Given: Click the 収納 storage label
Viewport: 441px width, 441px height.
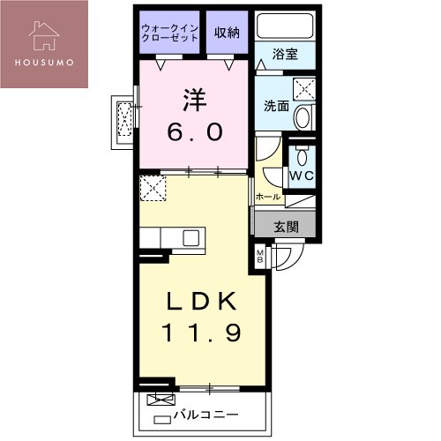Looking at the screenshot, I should [x=228, y=32].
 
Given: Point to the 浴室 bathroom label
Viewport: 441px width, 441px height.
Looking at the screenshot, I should [x=285, y=54].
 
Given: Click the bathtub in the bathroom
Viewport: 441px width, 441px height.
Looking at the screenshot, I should [x=285, y=27].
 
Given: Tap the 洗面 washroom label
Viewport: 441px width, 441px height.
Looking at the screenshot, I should [x=275, y=107].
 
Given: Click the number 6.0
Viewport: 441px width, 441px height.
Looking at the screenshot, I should [x=195, y=132].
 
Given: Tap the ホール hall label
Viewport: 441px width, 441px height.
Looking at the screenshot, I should [x=267, y=197].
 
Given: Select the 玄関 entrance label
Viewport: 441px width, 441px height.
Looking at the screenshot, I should [x=286, y=227].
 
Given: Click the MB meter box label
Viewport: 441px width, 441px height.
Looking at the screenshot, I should [x=259, y=258].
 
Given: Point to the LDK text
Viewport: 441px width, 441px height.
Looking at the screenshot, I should [x=201, y=303].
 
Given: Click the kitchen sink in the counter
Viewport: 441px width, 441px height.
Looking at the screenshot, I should [x=191, y=237].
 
